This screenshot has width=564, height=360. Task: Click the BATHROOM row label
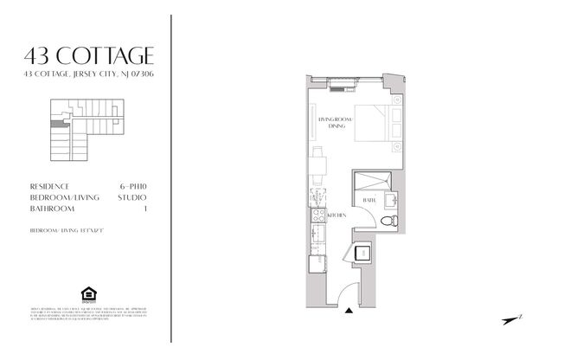(49, 209)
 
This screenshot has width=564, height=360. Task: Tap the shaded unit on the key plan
(57, 125)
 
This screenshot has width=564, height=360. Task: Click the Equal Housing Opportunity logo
(87, 298)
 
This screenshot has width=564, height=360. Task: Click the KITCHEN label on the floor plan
(336, 214)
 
